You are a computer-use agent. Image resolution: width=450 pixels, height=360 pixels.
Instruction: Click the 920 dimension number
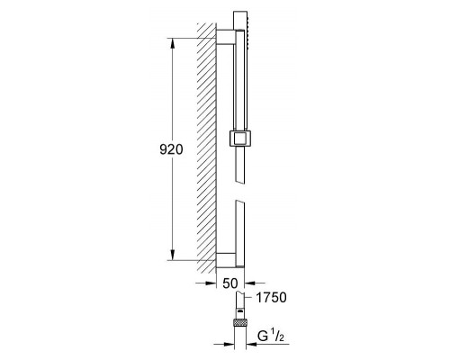(x=171, y=149)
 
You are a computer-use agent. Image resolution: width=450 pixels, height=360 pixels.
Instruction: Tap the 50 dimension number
(x=230, y=283)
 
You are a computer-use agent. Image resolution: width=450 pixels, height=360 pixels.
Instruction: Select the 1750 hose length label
(x=271, y=297)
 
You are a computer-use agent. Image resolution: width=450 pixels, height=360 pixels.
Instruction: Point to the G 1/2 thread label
(x=271, y=337)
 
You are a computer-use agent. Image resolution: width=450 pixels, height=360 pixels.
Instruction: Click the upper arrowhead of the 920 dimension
(x=173, y=44)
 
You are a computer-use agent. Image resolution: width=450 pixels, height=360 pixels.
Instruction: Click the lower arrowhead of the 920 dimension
(x=173, y=255)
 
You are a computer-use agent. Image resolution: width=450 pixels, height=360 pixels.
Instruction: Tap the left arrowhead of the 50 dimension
(x=211, y=283)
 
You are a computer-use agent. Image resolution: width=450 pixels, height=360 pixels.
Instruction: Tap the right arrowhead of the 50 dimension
(x=250, y=283)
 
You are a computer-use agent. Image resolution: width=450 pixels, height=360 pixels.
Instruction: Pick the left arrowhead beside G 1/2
(x=229, y=344)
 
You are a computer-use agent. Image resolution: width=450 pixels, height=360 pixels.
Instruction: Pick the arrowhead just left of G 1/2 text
(x=252, y=344)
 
